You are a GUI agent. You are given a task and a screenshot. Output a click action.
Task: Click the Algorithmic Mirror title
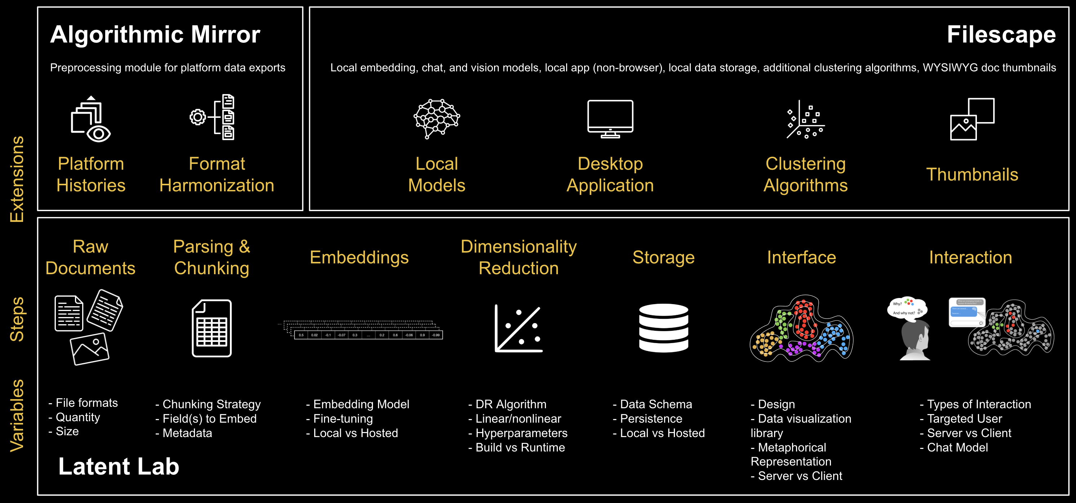click(155, 34)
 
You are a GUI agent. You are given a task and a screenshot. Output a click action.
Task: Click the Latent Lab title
click(119, 466)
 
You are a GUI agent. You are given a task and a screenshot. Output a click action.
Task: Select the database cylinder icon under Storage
click(663, 328)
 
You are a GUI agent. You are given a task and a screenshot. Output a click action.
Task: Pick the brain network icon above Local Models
click(436, 118)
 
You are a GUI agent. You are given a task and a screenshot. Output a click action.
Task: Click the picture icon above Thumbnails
click(971, 120)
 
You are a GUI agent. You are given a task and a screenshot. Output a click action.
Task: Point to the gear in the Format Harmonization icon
click(197, 117)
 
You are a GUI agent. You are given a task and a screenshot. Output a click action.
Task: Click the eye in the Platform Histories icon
click(99, 134)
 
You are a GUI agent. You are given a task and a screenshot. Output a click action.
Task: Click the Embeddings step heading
click(359, 257)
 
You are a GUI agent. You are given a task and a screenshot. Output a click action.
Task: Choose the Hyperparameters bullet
click(518, 433)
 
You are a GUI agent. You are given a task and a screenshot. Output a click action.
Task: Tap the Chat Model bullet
click(954, 448)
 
